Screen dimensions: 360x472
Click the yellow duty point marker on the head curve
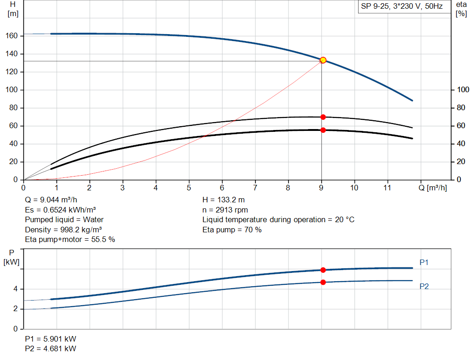click(x=323, y=60)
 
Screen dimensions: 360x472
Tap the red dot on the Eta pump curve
click(x=323, y=117)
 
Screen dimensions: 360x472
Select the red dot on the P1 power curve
click(x=323, y=270)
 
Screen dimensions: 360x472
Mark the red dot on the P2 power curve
click(x=323, y=282)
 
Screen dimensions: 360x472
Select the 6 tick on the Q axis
click(x=222, y=188)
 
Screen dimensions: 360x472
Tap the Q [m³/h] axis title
click(x=432, y=188)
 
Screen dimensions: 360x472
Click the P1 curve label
click(x=424, y=263)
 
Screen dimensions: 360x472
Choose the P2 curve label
click(x=424, y=287)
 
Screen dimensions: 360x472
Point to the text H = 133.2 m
click(x=224, y=200)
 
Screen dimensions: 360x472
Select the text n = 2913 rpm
click(x=225, y=210)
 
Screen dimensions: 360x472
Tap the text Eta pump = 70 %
click(x=232, y=230)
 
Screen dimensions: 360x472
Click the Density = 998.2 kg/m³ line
click(x=64, y=230)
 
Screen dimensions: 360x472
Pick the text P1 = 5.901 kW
click(x=50, y=339)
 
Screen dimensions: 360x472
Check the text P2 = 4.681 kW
click(x=50, y=348)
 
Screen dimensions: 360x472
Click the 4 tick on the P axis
click(x=16, y=289)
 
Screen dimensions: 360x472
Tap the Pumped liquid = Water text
click(x=64, y=219)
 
